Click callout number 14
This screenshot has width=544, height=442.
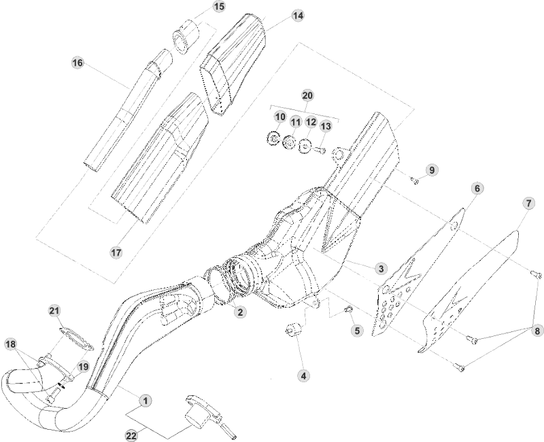coord(298,15)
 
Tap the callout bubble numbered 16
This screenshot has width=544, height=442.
coord(78,63)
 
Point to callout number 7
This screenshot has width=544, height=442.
coord(528,203)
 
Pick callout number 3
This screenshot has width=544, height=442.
coord(381,269)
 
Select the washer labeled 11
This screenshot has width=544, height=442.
coord(289,143)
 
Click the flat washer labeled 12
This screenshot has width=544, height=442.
coord(305,145)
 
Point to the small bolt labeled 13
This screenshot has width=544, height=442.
coord(322,149)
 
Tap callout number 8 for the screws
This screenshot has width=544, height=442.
coord(537,331)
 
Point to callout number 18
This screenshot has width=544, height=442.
coord(10,344)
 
